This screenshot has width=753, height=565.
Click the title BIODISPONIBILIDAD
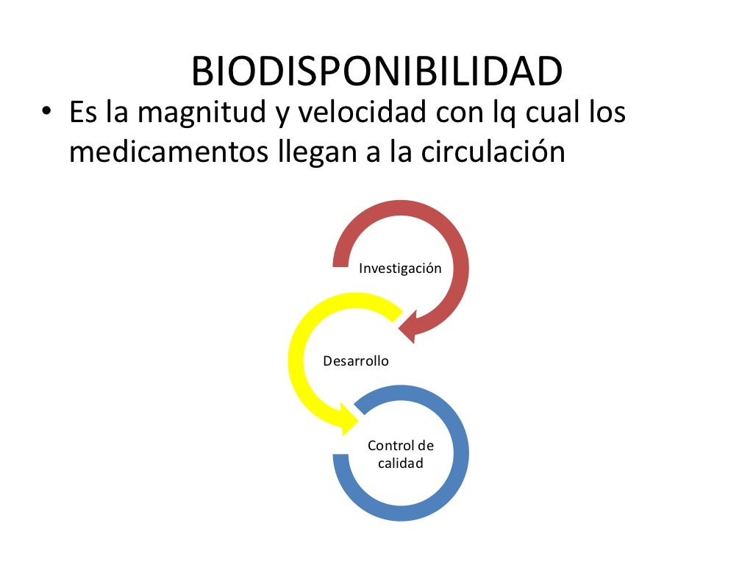tap(376, 71)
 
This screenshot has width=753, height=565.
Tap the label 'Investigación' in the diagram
tap(400, 268)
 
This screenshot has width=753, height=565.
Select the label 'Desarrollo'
tap(356, 361)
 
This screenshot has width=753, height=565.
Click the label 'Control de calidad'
tap(401, 455)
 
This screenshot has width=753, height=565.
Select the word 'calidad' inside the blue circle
tap(401, 463)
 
